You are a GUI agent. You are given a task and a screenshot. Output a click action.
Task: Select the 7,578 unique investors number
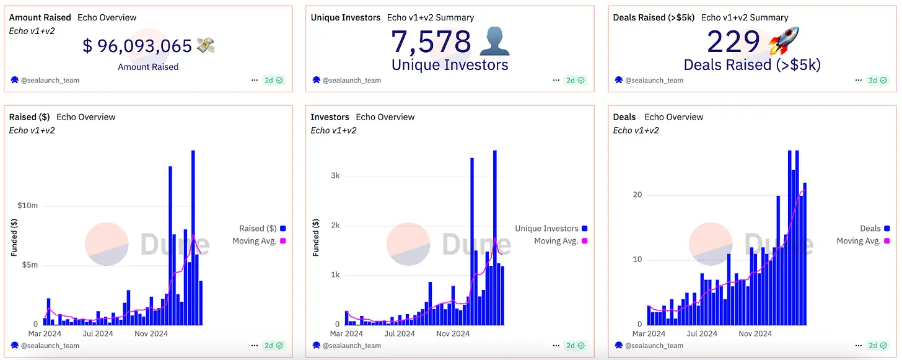coord(431,42)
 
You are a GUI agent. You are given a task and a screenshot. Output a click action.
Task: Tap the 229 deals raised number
coord(733,42)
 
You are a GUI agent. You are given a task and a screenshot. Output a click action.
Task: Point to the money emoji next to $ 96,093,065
coord(205,45)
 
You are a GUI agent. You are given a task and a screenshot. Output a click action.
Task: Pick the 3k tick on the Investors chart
coord(335,175)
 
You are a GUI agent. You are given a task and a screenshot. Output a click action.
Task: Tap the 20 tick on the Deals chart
coord(637,195)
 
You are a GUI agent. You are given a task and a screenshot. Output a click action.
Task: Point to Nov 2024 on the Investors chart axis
coord(453,334)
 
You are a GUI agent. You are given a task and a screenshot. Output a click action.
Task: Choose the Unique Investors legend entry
coord(546,229)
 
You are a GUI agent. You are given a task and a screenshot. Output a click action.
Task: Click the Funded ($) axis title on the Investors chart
coord(315,238)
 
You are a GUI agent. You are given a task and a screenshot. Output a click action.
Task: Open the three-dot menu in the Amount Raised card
coord(255,80)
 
